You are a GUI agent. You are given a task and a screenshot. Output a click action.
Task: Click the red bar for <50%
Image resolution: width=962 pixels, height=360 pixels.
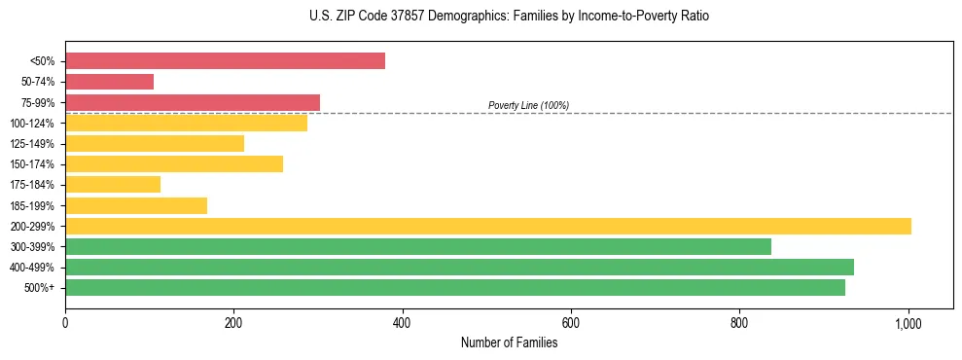pyautogui.click(x=225, y=61)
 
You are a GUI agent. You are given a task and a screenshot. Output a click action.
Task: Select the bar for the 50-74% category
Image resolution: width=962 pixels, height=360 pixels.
pyautogui.click(x=109, y=82)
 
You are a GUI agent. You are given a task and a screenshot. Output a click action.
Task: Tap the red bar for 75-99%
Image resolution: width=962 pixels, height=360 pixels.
pyautogui.click(x=193, y=102)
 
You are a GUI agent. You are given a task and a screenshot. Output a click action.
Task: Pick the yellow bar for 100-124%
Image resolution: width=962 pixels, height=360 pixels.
pyautogui.click(x=186, y=123)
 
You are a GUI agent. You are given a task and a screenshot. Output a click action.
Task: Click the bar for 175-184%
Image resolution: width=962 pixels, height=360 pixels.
pyautogui.click(x=113, y=185)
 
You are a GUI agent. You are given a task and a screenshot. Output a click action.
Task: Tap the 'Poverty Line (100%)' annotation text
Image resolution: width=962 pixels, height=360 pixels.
pyautogui.click(x=528, y=105)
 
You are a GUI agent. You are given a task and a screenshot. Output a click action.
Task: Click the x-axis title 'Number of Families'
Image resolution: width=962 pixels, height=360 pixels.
pyautogui.click(x=509, y=342)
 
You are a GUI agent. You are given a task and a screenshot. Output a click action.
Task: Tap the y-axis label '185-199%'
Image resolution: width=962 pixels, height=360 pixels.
pyautogui.click(x=32, y=206)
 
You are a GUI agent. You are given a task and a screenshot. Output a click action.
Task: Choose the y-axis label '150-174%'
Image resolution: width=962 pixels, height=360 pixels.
pyautogui.click(x=32, y=164)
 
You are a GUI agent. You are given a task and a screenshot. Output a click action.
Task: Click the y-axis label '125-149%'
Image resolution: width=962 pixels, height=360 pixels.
pyautogui.click(x=32, y=144)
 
